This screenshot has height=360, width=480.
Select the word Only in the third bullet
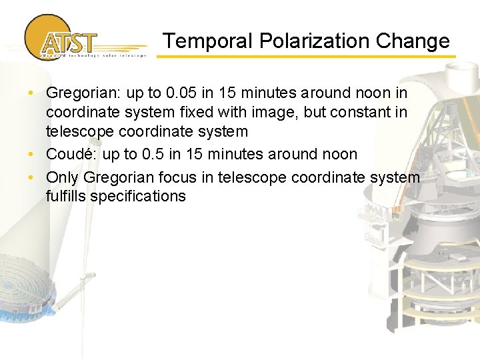tap(61, 177)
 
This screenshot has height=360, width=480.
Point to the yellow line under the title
tap(307, 57)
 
